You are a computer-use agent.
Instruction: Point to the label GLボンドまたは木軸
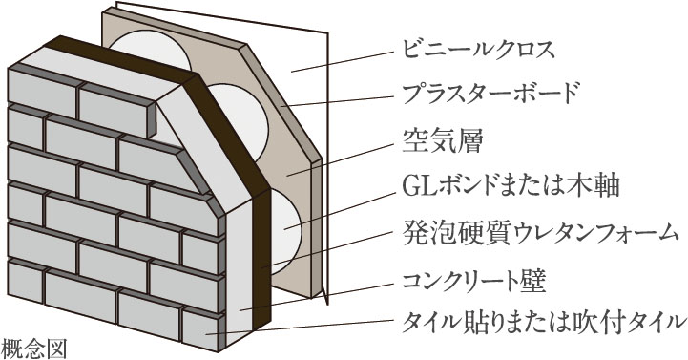click(x=487, y=184)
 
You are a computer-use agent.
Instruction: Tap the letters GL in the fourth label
click(x=409, y=185)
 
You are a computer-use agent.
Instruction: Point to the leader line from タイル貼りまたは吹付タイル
click(x=305, y=328)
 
